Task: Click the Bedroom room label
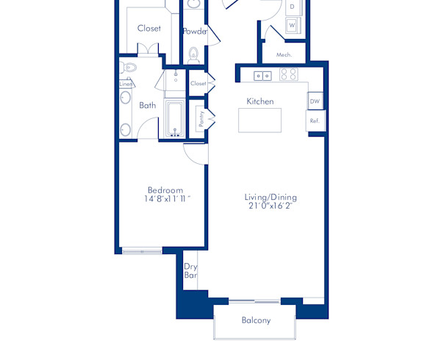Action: [165, 190]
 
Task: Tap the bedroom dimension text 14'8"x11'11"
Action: [168, 199]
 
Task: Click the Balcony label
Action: [256, 320]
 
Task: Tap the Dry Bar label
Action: [190, 271]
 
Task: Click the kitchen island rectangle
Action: [259, 120]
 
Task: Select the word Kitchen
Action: [260, 101]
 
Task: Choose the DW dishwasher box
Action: [315, 101]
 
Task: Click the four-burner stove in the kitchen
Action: [287, 74]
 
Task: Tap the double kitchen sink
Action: [262, 75]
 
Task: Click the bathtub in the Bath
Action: [176, 118]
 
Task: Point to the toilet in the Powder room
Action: [194, 53]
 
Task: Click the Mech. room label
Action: [284, 55]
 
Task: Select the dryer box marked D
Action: [292, 7]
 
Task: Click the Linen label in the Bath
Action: [126, 84]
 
